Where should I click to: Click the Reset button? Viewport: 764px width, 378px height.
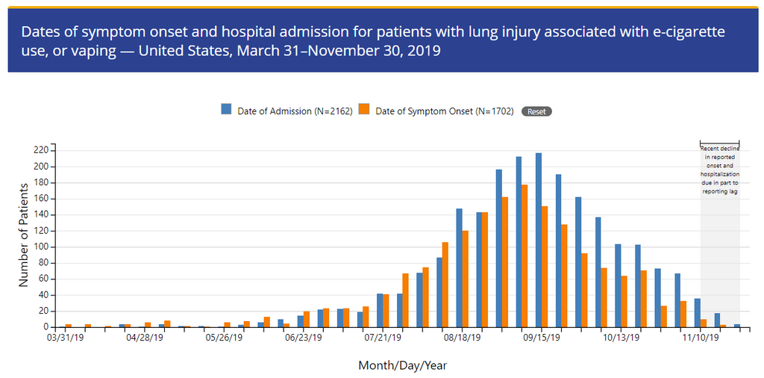tap(536, 111)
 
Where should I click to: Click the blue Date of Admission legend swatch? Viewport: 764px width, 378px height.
tap(226, 109)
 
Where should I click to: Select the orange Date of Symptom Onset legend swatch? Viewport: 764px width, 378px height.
tap(363, 109)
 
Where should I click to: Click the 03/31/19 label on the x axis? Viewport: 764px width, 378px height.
tap(65, 338)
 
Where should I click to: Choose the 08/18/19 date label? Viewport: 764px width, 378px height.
tap(462, 338)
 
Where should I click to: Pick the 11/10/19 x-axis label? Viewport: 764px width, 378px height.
tap(701, 338)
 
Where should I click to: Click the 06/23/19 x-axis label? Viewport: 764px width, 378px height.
tap(303, 338)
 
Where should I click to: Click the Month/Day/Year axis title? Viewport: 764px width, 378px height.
tap(402, 366)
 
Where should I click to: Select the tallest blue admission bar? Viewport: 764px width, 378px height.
tap(539, 240)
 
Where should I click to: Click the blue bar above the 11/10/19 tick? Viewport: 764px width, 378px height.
tap(697, 313)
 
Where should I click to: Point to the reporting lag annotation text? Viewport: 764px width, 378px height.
tap(720, 170)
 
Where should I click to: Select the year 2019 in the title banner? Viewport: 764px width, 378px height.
tap(422, 52)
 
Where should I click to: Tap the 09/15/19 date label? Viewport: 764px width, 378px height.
tap(542, 338)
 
